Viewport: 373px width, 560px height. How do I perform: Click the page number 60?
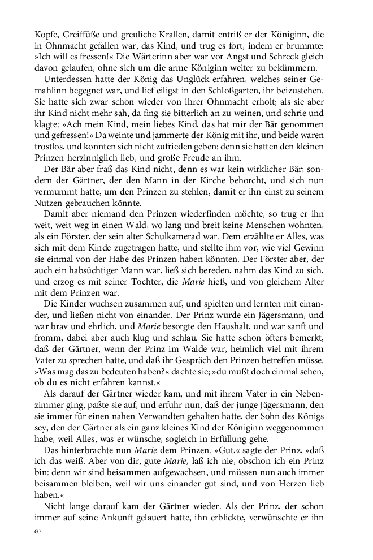(x=38, y=532)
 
